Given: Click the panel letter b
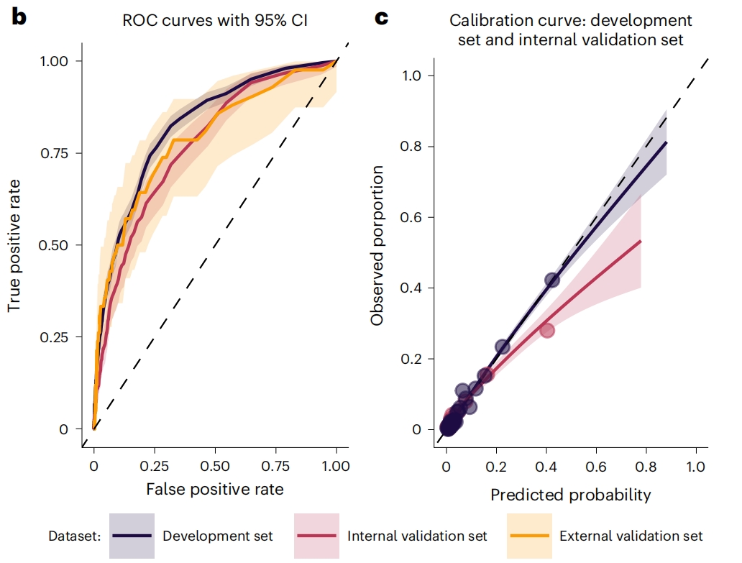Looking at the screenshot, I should pos(19,18).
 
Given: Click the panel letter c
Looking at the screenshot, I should pos(381,18).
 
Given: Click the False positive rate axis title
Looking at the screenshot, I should pos(214,490).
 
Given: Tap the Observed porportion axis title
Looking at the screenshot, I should pos(377,244).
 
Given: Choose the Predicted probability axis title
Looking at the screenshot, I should pos(571,495).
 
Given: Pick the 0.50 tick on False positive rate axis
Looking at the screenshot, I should pos(215,465).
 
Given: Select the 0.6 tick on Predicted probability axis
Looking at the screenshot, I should pos(596,466).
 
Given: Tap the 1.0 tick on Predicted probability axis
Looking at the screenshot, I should pos(695,466).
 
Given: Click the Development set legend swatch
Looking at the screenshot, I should pos(132,536).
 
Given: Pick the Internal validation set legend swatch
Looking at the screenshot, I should pos(316,536).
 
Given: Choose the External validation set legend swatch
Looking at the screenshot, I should pos(529,536).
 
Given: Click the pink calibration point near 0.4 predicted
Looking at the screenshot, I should pos(547,330).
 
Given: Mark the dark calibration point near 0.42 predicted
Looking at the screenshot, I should pos(552,280).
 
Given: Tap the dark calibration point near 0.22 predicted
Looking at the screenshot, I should pos(503,347).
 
